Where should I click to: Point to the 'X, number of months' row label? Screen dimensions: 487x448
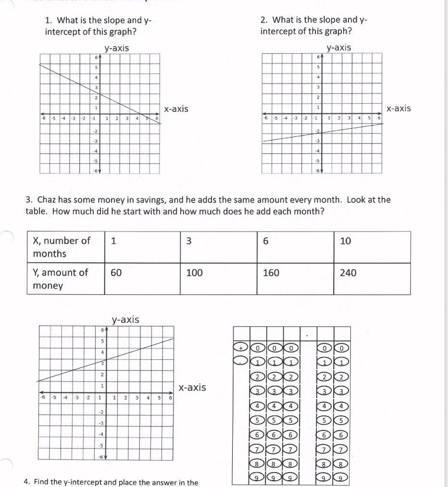[x=61, y=247]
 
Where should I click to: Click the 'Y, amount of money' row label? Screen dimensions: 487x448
[x=60, y=279]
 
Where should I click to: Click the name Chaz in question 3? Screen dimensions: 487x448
[x=47, y=199]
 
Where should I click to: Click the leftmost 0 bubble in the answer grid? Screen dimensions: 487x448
[x=258, y=347]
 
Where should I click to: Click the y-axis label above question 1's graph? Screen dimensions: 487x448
[x=117, y=48]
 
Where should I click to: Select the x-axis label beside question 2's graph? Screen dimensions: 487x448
[x=398, y=108]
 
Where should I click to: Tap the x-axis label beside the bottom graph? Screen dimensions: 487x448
[x=192, y=387]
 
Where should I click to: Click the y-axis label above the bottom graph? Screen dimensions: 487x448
[x=125, y=319]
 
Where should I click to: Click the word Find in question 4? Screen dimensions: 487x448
[x=41, y=482]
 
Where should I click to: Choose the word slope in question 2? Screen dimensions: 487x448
[x=331, y=20]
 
